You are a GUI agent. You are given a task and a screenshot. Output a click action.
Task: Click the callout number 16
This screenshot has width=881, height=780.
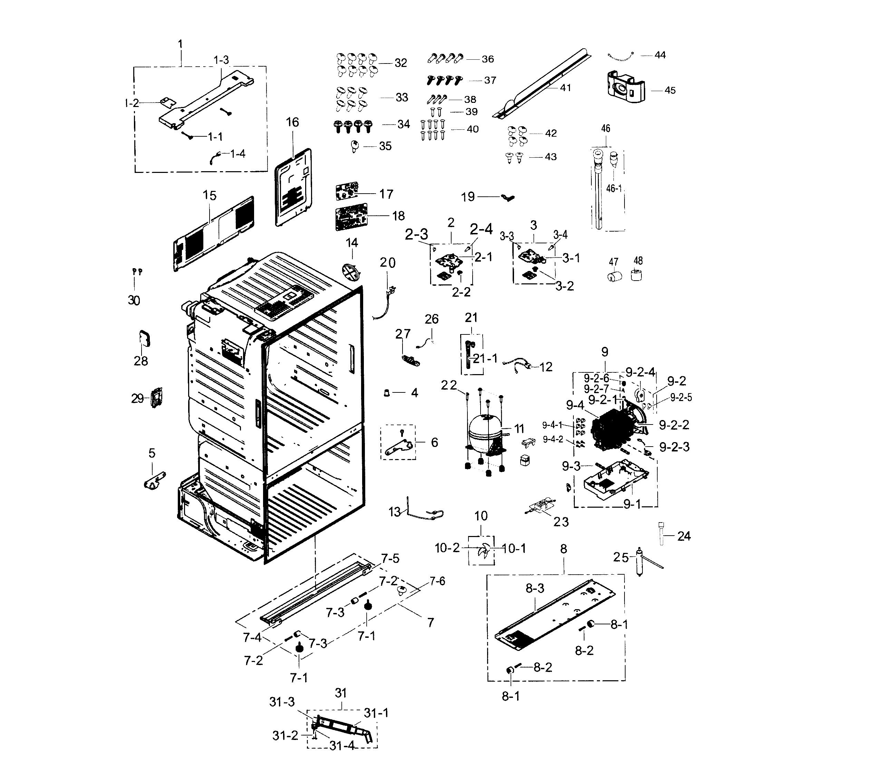292,123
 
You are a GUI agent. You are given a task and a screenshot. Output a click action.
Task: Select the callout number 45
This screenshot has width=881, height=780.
670,90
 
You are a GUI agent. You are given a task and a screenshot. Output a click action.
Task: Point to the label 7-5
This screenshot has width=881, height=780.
390,558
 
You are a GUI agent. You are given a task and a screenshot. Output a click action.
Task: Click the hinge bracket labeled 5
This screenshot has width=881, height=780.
154,481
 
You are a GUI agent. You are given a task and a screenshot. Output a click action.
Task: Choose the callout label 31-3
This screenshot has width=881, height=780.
282,702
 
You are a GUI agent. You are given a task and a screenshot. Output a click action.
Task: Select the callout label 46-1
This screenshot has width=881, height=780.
614,189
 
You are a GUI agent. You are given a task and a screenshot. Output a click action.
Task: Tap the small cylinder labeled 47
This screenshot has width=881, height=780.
614,276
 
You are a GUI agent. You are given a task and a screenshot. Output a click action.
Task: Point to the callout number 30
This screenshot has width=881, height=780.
134,300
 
